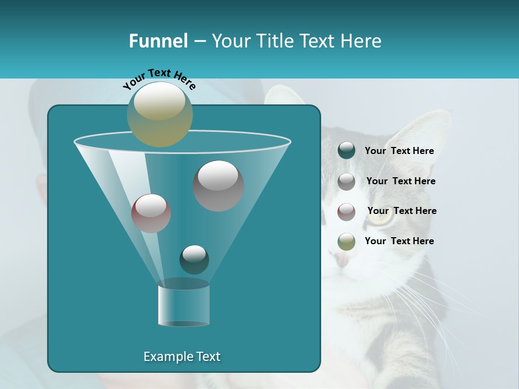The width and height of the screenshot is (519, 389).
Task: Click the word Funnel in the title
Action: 158,41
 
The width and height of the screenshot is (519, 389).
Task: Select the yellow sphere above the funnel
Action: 160,115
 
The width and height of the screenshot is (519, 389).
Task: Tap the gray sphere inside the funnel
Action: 218,186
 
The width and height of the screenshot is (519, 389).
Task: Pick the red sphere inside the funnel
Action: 151,213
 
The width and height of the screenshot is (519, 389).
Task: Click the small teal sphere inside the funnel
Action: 194,260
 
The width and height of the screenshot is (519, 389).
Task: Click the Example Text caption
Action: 182,357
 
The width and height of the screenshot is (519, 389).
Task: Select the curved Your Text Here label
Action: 159,78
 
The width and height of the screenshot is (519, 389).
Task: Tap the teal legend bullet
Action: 347,151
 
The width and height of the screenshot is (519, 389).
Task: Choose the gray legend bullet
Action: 347,182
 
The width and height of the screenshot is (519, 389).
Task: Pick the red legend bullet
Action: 347,212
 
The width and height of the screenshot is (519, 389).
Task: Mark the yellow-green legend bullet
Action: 347,242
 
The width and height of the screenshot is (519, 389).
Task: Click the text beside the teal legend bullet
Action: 399,151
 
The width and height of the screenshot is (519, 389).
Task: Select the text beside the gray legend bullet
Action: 401,182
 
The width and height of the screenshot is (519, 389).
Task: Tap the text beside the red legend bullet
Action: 402,211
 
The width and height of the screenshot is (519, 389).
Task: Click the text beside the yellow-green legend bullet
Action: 399,241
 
